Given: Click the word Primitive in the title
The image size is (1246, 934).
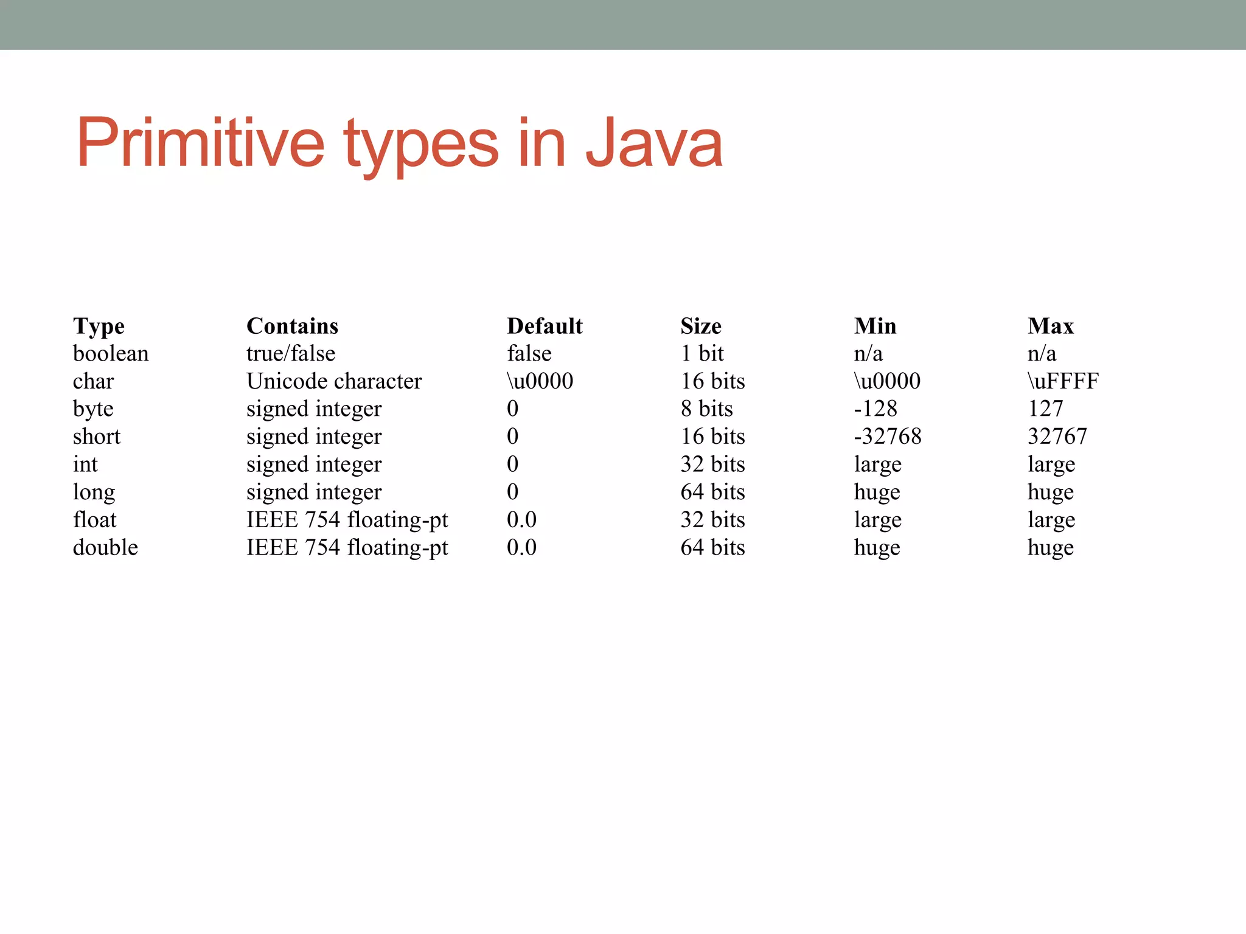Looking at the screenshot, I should (x=201, y=144).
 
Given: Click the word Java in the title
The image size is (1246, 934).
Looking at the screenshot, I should (x=654, y=144).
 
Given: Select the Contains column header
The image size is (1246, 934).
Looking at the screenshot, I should (x=292, y=327).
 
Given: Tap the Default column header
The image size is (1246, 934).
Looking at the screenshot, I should (x=545, y=327).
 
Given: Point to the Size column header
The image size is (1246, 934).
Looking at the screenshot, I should (x=701, y=327).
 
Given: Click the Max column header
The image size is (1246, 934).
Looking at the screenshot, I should (x=1051, y=327).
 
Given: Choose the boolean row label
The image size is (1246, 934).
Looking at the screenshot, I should (x=111, y=354).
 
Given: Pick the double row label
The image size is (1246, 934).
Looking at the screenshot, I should (x=105, y=548).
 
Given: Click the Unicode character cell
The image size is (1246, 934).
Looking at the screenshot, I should (x=334, y=382).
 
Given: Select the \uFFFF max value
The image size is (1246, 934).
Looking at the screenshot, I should (x=1063, y=382).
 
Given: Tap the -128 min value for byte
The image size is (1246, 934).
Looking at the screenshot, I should (x=875, y=409).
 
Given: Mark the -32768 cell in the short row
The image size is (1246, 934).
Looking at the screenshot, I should (x=888, y=437).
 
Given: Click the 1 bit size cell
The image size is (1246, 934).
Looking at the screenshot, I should (x=702, y=354).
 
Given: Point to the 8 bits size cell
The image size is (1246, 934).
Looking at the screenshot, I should (x=706, y=409).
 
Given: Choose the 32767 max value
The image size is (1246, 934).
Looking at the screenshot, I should (x=1057, y=437).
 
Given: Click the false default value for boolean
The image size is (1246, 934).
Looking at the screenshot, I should (x=529, y=354).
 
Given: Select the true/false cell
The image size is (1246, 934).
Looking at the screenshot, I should (x=291, y=354).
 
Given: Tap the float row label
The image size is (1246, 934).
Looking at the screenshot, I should (x=94, y=521).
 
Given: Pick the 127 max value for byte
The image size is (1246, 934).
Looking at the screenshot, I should (x=1045, y=409).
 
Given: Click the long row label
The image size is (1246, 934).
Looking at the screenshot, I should (x=94, y=493).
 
